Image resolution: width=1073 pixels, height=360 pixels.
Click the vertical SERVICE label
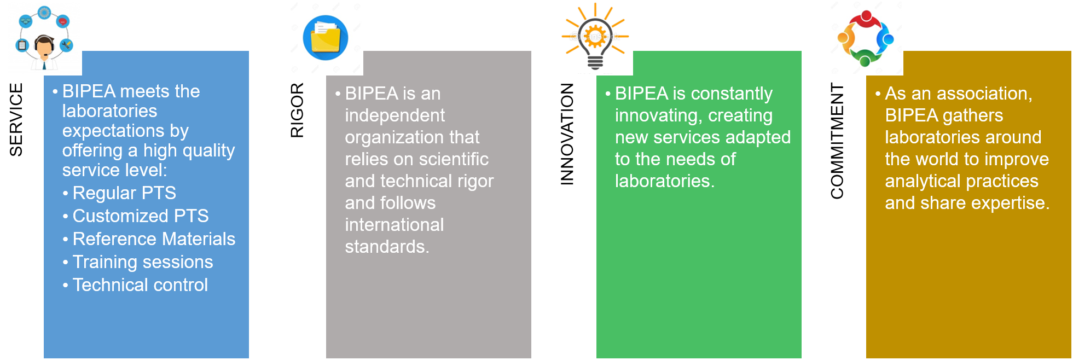[16, 119]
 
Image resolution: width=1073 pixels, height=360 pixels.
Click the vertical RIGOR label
[297, 110]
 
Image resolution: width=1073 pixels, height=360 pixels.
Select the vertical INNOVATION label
[567, 134]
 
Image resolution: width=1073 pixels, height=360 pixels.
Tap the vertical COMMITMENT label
[837, 141]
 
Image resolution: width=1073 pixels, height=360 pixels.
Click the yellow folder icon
[326, 38]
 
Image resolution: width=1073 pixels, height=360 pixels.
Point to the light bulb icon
[595, 36]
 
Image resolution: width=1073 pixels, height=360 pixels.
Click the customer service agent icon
[44, 38]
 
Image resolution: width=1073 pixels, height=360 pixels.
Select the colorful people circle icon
[865, 38]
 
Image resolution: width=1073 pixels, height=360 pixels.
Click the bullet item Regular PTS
[124, 193]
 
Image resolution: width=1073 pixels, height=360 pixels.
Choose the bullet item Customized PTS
[141, 216]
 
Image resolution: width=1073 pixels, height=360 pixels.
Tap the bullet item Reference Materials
[154, 239]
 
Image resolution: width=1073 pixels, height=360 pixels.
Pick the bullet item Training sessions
[143, 262]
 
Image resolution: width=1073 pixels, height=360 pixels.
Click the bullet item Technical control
[140, 285]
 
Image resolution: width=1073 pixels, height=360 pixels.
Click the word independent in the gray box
[395, 115]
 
